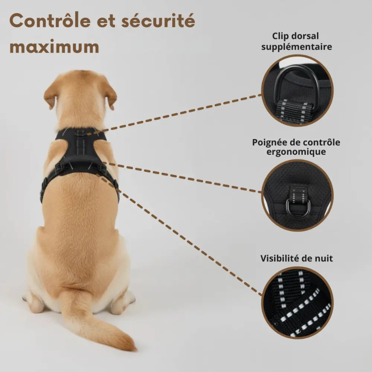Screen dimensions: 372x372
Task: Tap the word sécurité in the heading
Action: pos(158,22)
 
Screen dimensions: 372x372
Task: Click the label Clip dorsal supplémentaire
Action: pos(296,41)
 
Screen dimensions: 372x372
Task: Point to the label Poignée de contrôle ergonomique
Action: pos(296,147)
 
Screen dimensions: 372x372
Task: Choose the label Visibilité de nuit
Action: pos(297,258)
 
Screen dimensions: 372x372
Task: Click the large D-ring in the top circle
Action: pos(297,82)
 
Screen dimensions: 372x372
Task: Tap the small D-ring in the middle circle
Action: pos(298,209)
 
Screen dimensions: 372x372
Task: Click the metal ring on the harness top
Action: pos(81,133)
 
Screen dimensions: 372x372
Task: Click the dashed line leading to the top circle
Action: pos(179,114)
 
